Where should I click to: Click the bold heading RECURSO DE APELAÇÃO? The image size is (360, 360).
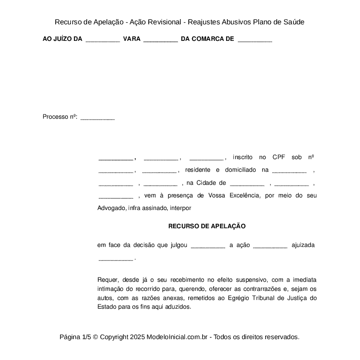207,226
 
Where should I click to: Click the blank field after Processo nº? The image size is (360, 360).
97,117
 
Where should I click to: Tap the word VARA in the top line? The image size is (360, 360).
132,39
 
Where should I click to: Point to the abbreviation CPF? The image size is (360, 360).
279,157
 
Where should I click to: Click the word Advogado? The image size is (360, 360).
111,208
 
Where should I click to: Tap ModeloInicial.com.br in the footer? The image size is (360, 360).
178,337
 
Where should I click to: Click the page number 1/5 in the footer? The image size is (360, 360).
86,337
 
